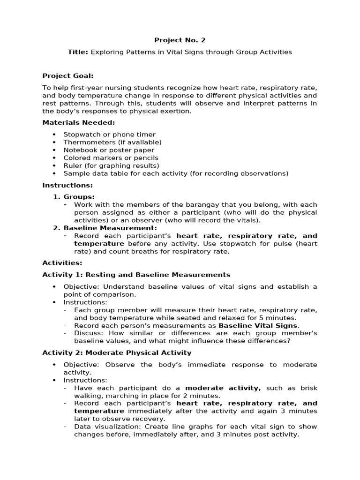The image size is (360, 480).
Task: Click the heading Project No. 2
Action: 180,40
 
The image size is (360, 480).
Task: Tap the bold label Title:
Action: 78,52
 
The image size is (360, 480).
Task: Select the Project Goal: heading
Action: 68,75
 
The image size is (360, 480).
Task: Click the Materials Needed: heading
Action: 79,122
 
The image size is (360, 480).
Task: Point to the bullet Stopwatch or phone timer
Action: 109,135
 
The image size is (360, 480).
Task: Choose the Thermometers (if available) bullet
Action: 112,142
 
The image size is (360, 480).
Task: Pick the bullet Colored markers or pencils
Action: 111,158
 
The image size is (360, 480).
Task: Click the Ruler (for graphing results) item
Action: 111,165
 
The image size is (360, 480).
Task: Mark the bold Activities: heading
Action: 62,262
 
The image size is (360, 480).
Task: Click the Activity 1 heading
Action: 136,275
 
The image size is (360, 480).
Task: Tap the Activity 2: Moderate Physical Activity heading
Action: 117,352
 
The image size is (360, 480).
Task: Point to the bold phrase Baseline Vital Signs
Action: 258,325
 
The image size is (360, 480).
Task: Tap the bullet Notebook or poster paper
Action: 109,150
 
